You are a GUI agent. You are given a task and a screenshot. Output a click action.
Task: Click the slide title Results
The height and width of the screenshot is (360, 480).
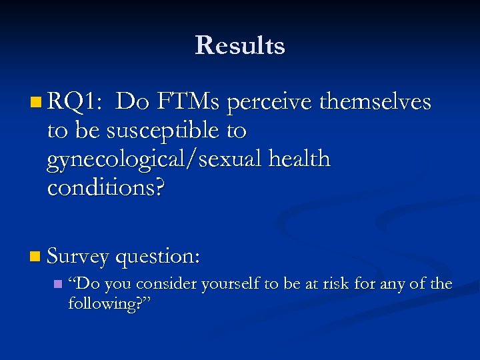point(240,45)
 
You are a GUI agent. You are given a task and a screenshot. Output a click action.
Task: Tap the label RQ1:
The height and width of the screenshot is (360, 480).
point(75,103)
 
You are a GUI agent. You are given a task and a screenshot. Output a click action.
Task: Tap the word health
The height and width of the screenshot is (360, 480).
point(300,159)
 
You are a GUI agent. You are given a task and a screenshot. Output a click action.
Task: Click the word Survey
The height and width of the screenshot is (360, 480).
point(78,256)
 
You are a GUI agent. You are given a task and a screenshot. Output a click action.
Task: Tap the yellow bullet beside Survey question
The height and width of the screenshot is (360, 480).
point(35,256)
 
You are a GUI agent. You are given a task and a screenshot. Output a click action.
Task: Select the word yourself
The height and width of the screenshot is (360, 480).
point(229,285)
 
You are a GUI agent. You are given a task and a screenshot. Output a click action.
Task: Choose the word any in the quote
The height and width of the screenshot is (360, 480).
point(396,285)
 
